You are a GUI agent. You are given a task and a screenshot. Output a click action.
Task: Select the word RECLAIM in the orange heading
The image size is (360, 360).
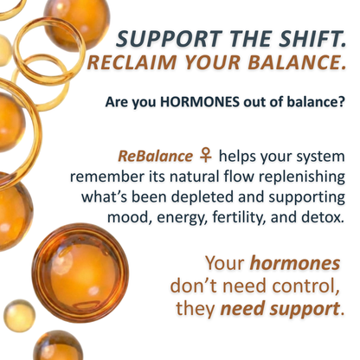pos(137,64)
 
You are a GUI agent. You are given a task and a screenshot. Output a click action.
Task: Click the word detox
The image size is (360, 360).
pos(325,216)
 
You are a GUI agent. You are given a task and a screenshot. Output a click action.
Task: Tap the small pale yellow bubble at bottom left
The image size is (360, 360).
pos(18,315)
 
